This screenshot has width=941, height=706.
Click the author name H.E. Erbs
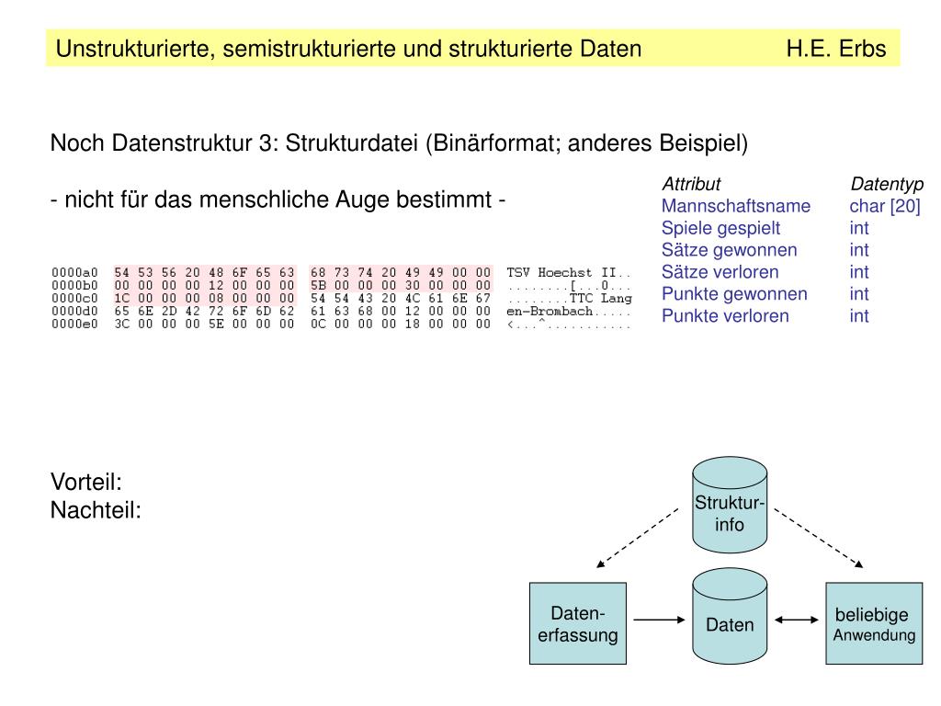(x=835, y=49)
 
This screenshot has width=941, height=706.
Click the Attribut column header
(x=691, y=184)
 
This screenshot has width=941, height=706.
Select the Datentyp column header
(x=887, y=184)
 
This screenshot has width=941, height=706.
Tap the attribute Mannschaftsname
(x=735, y=206)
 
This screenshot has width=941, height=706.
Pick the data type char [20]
(x=884, y=206)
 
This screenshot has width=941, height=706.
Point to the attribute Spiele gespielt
(x=720, y=228)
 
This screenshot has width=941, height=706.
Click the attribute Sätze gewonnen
(x=729, y=250)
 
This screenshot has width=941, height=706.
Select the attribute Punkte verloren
(x=725, y=316)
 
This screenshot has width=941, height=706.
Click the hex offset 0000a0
(x=74, y=273)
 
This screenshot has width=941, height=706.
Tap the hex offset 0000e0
(x=74, y=325)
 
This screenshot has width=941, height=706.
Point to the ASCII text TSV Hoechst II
(x=563, y=273)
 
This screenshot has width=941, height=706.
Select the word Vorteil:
(x=86, y=482)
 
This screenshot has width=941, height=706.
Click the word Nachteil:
(x=96, y=509)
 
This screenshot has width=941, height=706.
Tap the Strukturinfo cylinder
(x=730, y=513)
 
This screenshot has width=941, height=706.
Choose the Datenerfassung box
(x=577, y=624)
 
